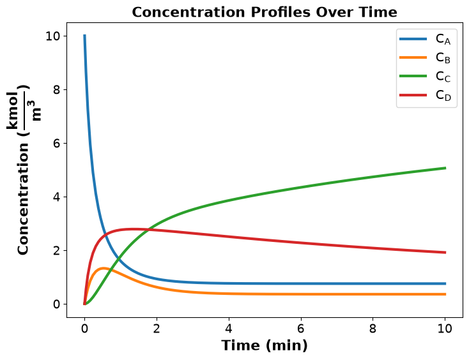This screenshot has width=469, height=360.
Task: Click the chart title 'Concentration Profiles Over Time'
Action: (x=265, y=12)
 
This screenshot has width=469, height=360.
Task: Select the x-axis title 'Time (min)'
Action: (x=265, y=345)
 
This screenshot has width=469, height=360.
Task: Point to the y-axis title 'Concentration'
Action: (x=23, y=199)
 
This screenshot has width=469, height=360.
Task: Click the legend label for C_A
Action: (x=443, y=39)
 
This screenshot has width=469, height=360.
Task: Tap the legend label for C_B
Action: (x=443, y=57)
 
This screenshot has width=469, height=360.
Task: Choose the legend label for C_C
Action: (x=443, y=77)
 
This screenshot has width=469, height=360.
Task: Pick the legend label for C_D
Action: (x=443, y=95)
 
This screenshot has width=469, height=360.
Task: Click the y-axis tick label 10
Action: (x=52, y=36)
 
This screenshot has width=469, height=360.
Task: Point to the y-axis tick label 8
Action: (x=56, y=89)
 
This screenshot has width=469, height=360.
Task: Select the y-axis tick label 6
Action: (x=56, y=144)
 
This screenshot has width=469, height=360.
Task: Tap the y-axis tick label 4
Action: (x=56, y=197)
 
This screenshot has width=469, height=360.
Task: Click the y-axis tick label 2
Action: (x=56, y=251)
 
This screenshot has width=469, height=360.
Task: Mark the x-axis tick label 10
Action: (x=445, y=329)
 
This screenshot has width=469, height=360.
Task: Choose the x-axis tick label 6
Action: (x=300, y=329)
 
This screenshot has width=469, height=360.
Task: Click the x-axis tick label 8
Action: (x=373, y=329)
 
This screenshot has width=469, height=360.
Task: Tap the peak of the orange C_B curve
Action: (x=104, y=268)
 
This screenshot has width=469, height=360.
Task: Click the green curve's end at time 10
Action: (x=445, y=168)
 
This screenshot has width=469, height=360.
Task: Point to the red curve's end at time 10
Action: (x=445, y=253)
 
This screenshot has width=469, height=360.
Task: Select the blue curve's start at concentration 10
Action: (x=84, y=36)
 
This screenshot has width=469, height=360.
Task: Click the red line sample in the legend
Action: (x=413, y=95)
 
